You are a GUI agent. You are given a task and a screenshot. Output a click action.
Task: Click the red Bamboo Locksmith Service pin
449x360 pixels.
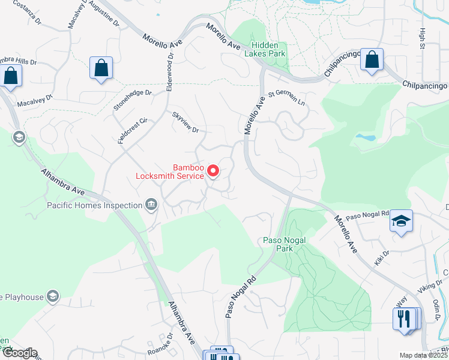coord(212,172)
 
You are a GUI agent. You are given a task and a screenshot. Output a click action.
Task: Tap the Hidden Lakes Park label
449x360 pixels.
coord(268,49)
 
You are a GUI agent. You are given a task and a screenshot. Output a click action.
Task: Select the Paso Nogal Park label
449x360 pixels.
coord(285,244)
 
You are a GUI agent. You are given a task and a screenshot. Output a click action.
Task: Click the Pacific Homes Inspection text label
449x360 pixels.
coord(94,206)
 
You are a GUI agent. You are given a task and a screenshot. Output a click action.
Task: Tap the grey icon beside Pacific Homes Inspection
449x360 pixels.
coord(150,206)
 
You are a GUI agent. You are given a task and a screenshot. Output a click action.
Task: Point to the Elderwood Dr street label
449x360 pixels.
coord(170,71)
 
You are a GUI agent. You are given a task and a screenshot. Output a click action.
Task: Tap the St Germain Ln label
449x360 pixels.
coord(287,98)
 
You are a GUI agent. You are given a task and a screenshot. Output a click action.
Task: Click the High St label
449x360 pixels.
coord(423,39)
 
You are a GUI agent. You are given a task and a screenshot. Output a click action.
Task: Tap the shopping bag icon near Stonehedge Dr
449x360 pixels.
coord(101,68)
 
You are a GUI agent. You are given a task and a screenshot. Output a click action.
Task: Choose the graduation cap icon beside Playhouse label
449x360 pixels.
coord(53,296)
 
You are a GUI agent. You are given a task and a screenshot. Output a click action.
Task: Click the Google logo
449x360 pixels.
coord(19,353)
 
